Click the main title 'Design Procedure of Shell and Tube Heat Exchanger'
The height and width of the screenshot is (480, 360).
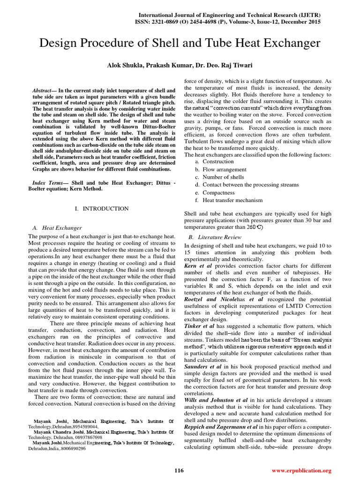(180, 44)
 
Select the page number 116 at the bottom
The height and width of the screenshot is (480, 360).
(179, 470)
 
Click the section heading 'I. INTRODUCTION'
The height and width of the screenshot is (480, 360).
(102, 208)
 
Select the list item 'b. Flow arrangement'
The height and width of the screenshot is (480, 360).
(221, 169)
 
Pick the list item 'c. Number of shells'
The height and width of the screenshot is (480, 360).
(220, 177)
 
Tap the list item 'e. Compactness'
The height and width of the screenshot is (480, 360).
(217, 193)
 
